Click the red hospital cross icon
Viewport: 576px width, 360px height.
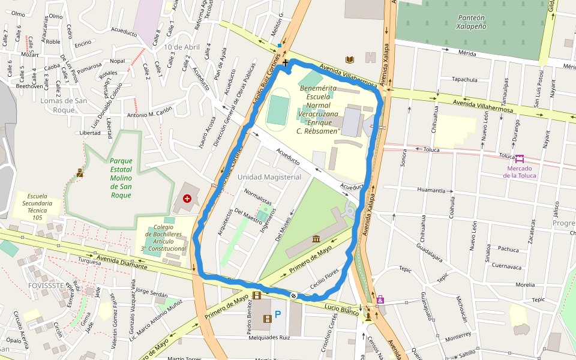coord(187,198)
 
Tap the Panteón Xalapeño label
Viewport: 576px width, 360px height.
coord(471,22)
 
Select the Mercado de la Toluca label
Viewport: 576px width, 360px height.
coord(519,172)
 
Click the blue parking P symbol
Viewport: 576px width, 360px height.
coord(277,314)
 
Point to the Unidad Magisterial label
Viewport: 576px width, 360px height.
coord(269,177)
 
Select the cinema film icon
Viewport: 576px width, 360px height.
coord(257,295)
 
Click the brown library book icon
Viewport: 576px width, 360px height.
coord(350,59)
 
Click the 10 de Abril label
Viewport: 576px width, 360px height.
coord(181,47)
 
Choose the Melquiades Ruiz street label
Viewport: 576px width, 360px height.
coord(270,338)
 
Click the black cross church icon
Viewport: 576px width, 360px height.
coord(285,62)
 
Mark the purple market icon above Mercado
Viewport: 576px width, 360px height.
coord(519,159)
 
